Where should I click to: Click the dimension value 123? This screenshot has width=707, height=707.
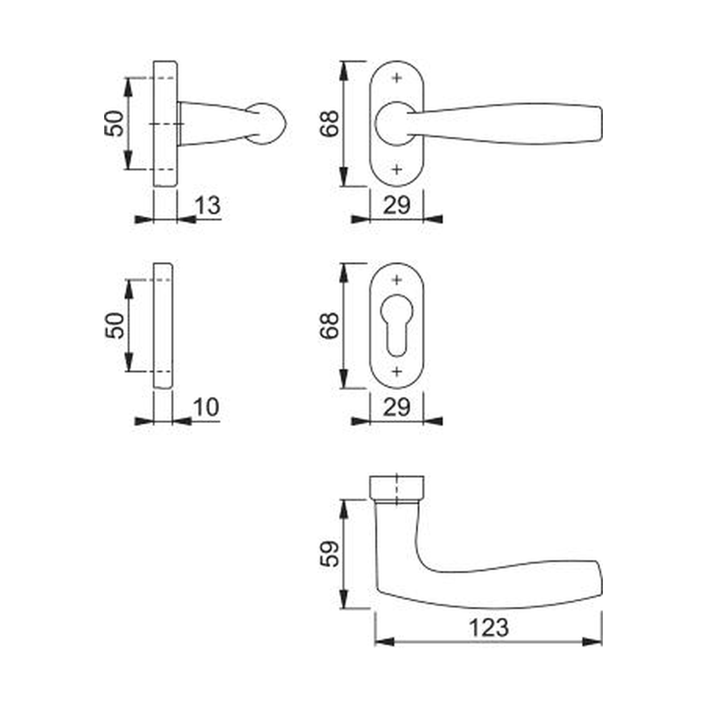pos(488,627)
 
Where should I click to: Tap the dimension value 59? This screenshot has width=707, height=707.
pos(329,553)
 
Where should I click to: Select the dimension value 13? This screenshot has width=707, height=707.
pos(207,205)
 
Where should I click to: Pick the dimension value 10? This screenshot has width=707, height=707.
pos(206,407)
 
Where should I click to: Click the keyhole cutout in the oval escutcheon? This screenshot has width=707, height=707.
pos(397,325)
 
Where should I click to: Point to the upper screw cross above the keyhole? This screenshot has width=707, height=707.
pos(397,280)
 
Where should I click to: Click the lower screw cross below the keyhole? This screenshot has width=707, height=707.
pos(397,372)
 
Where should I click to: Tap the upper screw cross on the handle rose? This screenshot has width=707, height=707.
pos(397,78)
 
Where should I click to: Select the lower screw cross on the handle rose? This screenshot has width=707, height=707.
pos(397,170)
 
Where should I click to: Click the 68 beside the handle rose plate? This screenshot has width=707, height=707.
pos(329,124)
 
